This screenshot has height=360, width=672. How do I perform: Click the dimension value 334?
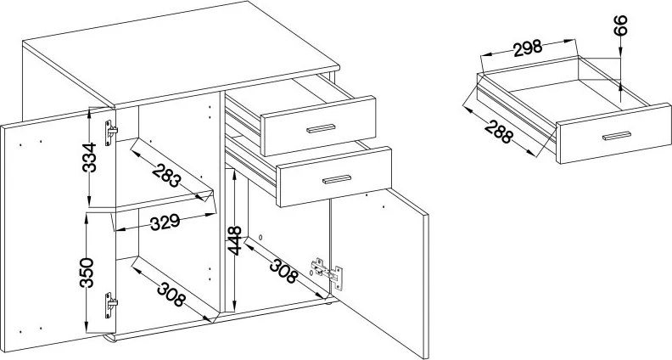90,157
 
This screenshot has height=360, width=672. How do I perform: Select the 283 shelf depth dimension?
166,175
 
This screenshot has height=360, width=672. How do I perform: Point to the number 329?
165,222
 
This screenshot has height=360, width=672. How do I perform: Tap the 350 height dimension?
87,273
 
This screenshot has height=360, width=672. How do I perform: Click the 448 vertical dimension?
234,240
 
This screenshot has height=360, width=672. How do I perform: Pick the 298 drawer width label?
528,48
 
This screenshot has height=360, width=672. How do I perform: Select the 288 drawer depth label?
498,131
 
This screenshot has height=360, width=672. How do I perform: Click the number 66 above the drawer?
620,25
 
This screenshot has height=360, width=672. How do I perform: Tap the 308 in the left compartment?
171,295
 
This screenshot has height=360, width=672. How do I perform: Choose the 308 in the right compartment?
283,271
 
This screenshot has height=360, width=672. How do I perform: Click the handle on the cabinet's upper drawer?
321,128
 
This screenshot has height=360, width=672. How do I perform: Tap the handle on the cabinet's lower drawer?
337,179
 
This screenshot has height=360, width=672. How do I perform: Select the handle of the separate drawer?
617,136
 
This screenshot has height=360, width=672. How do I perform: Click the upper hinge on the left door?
110,132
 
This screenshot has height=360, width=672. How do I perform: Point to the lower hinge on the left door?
110,305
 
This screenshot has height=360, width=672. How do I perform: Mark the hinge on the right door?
327,273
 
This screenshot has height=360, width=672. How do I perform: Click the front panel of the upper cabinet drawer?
318,127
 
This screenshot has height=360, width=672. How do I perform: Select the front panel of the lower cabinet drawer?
334,177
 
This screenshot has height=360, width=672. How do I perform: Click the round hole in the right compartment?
260,237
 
